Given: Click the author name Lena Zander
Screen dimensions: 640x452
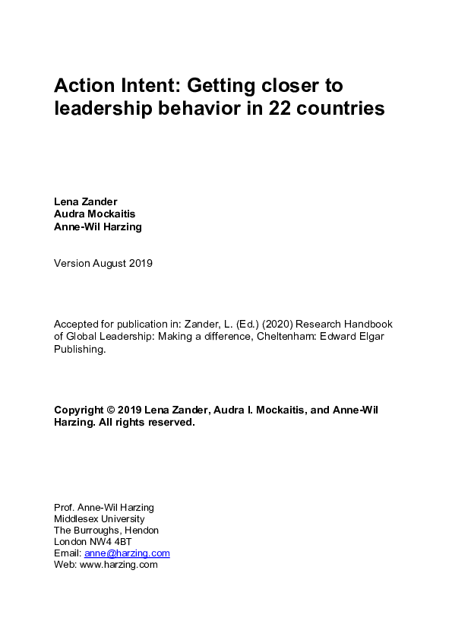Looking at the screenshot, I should pyautogui.click(x=85, y=201).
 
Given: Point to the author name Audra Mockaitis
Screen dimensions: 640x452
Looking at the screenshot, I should pyautogui.click(x=94, y=214).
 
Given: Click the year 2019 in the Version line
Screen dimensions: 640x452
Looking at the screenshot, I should pyautogui.click(x=140, y=264).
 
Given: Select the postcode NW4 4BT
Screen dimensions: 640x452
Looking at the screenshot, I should pyautogui.click(x=110, y=542).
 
